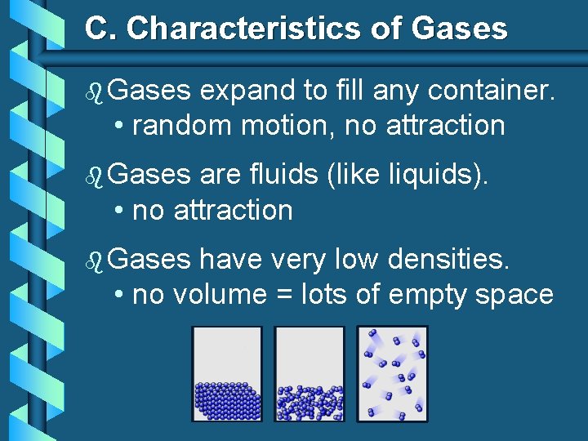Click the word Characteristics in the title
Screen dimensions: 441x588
tap(235, 29)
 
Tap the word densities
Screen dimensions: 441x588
tap(449, 259)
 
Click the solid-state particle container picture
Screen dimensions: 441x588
tap(227, 374)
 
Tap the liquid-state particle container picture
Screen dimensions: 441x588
tap(310, 374)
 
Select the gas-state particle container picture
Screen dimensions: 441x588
tap(392, 374)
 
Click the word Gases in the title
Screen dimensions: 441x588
tap(459, 29)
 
